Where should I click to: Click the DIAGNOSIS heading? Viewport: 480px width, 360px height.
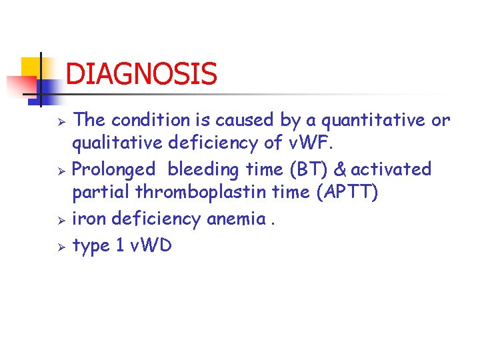[141, 73]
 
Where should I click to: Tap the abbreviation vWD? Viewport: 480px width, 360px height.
[152, 245]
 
